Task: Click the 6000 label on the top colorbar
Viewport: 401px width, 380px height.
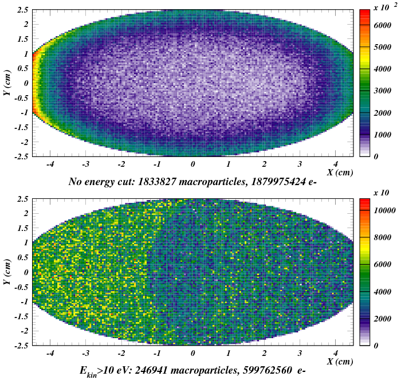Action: pos(381,26)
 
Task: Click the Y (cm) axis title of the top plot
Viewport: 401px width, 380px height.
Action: pos(7,83)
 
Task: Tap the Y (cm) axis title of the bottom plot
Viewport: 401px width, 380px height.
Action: pos(7,272)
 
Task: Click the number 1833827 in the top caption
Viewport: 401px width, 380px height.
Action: pos(175,182)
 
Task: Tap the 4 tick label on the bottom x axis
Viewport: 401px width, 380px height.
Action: pos(335,353)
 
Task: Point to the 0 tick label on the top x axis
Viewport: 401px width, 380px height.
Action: pos(193,164)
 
